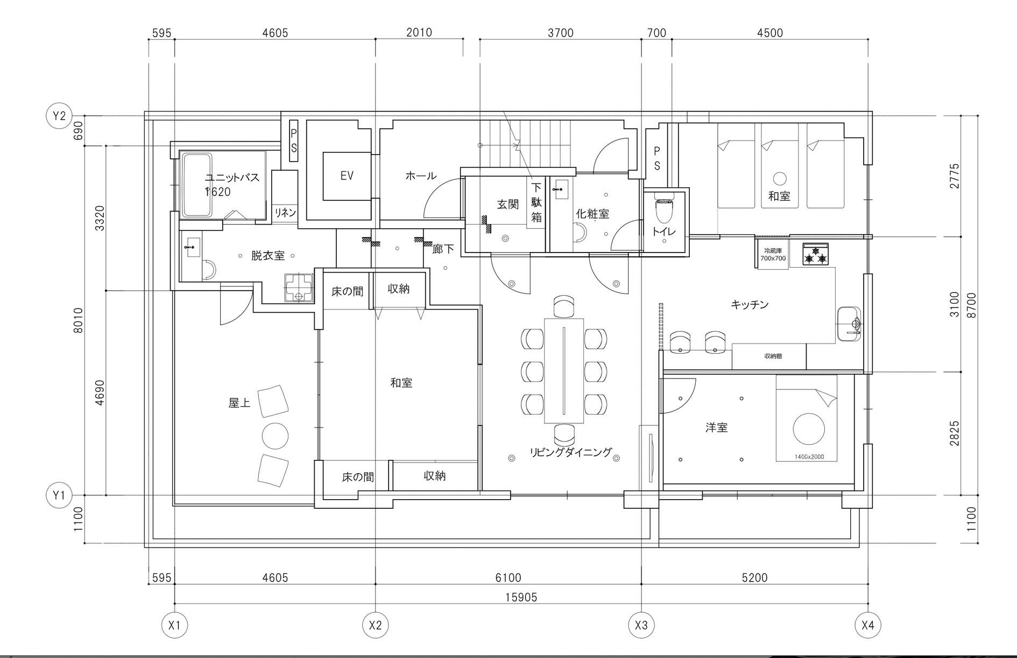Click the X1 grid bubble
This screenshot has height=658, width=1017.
tap(174, 625)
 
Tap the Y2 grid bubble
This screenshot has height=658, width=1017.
tap(59, 116)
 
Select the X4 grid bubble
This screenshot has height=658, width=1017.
tap(867, 625)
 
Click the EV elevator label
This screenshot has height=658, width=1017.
tap(347, 176)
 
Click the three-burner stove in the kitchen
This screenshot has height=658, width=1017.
tap(816, 254)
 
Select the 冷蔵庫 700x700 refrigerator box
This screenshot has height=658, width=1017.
tap(773, 254)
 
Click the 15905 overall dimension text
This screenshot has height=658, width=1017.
tap(521, 597)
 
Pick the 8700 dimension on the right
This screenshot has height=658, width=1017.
tap(971, 305)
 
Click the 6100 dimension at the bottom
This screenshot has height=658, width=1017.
tap(508, 578)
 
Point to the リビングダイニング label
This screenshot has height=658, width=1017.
tap(571, 452)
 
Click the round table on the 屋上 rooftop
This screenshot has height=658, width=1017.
tap(275, 436)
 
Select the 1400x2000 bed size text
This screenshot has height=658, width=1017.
tap(809, 457)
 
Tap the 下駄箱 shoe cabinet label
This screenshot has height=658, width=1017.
tap(536, 202)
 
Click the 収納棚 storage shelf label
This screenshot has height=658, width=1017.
tap(773, 356)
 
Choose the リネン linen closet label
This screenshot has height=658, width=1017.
tap(285, 213)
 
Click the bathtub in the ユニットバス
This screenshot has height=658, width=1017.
tap(197, 185)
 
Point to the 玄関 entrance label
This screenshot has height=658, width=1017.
tap(507, 204)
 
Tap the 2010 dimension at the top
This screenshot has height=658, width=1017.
tap(419, 32)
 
